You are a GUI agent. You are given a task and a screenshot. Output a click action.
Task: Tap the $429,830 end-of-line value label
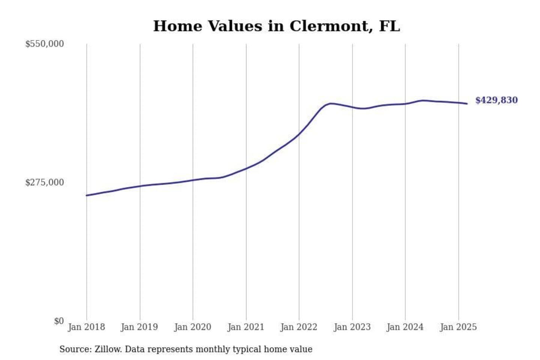[x=496, y=100]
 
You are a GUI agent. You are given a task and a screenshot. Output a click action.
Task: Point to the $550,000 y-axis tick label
[x=44, y=44]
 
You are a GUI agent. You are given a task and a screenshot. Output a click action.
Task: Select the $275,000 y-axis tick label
[x=44, y=183]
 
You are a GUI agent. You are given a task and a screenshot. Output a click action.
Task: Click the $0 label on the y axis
[x=58, y=321]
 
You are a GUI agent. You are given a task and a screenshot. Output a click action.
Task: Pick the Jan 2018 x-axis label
[x=86, y=327]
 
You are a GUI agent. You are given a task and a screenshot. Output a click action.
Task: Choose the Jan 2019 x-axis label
[x=139, y=327]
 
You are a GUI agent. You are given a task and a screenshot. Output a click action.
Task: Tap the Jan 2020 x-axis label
[x=192, y=327]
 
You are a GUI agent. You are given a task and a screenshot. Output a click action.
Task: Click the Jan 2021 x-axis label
[x=246, y=327]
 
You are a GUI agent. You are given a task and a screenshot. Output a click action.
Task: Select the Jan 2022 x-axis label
[x=298, y=327]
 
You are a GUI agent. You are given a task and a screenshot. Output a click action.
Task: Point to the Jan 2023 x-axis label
[x=352, y=327]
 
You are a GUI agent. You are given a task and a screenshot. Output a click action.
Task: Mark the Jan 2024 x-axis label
[x=405, y=327]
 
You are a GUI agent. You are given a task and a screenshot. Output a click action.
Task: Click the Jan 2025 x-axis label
[x=458, y=327]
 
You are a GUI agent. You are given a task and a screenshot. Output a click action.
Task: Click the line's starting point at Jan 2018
[x=87, y=195]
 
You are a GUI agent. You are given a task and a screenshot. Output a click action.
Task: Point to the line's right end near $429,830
[x=466, y=103]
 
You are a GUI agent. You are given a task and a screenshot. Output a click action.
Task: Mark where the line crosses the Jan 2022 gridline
[x=299, y=134]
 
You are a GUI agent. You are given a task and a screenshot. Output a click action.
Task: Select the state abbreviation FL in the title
[x=389, y=26]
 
